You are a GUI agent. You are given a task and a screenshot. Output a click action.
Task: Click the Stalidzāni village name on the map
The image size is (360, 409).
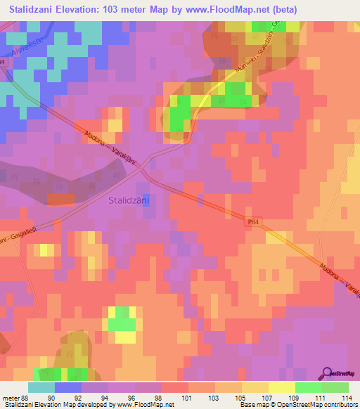pos(132,200)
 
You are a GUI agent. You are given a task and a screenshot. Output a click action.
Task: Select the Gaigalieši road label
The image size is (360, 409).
pos(20,236)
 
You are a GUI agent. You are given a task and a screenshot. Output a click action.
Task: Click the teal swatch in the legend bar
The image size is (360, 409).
pos(41,388)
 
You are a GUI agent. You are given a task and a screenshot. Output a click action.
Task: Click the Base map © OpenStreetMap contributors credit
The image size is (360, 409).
pos(297,404)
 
